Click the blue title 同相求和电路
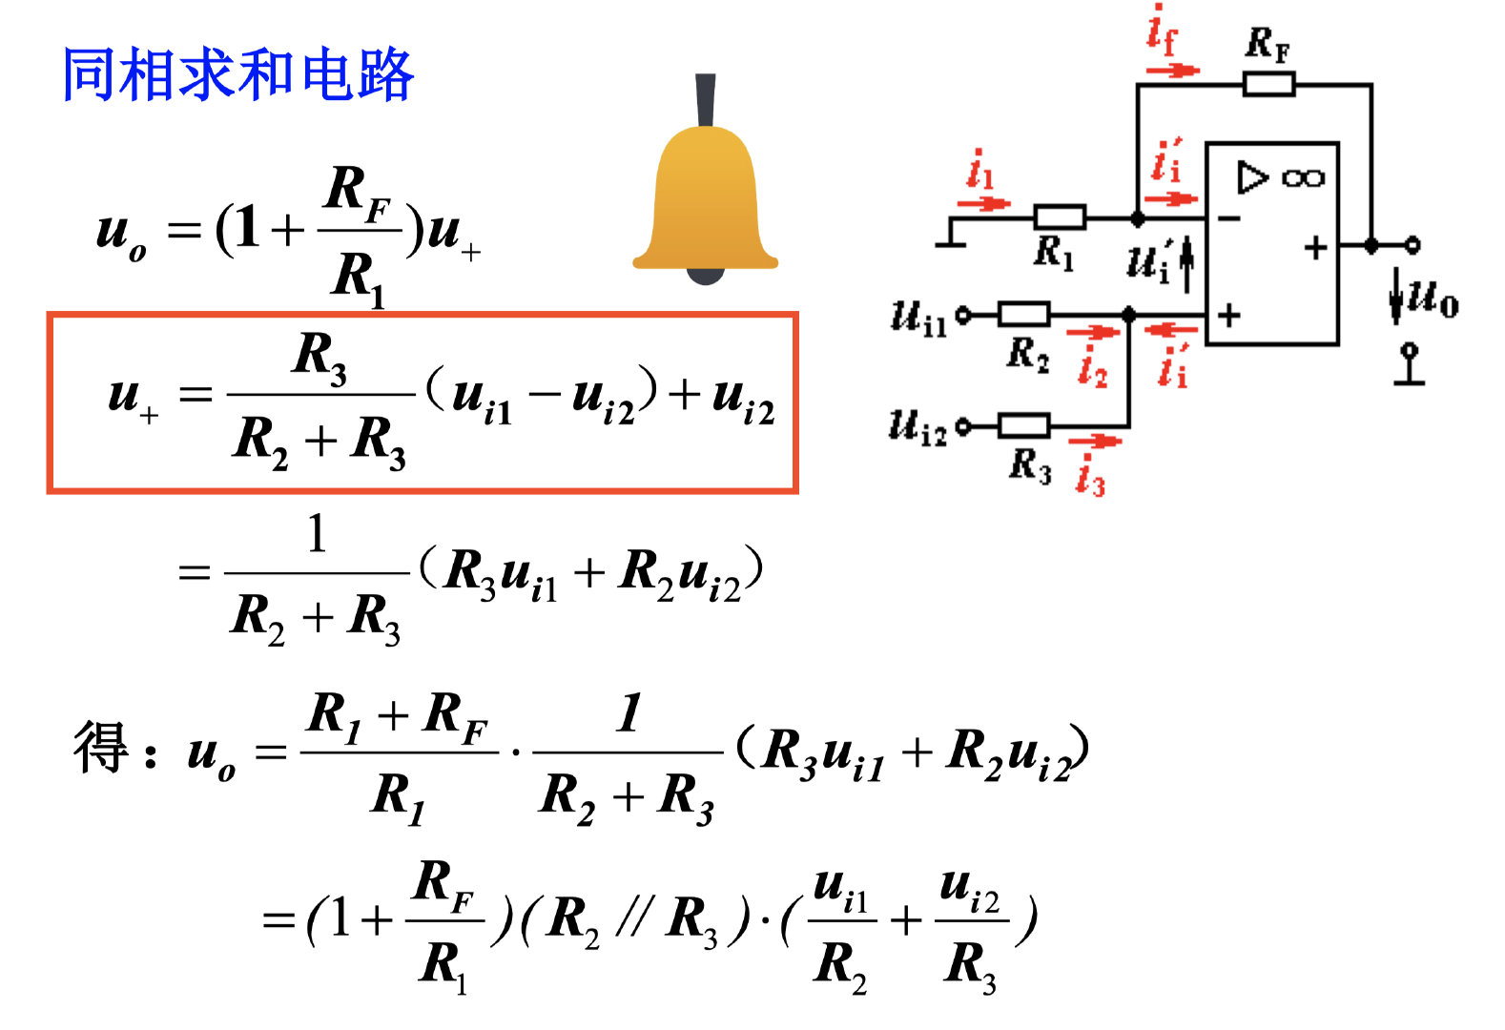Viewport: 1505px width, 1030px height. pos(237,75)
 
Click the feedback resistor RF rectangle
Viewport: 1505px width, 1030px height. pos(1268,85)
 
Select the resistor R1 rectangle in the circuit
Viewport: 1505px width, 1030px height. pos(1059,217)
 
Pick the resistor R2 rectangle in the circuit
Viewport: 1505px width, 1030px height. pos(1023,314)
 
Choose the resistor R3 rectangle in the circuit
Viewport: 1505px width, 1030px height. pos(1023,425)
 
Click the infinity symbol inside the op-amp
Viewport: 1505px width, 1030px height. pos(1303,178)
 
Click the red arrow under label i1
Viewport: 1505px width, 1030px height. pos(982,203)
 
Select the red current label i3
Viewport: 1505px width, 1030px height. pos(1089,475)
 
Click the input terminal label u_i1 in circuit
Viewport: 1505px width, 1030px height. pos(917,318)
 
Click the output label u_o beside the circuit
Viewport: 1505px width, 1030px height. pos(1433,298)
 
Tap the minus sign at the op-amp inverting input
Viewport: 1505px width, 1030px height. pos(1229,219)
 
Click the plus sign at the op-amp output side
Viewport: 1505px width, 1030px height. pos(1316,248)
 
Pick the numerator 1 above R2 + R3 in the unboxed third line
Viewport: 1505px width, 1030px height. pos(317,534)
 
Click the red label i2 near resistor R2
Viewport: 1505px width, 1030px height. pos(1092,366)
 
